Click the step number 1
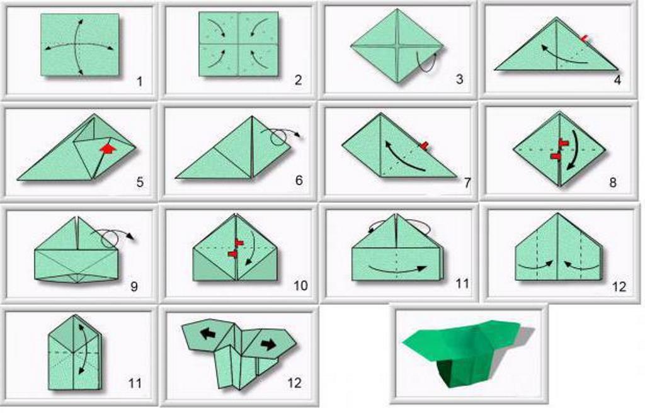[139, 82]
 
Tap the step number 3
[459, 79]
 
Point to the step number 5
[140, 182]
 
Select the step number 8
[613, 182]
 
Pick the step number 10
[300, 285]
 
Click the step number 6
[299, 180]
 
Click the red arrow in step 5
[107, 149]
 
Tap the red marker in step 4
[585, 38]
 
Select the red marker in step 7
[424, 145]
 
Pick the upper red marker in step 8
[564, 142]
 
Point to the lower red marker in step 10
[233, 254]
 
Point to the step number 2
[298, 79]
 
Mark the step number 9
[134, 286]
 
